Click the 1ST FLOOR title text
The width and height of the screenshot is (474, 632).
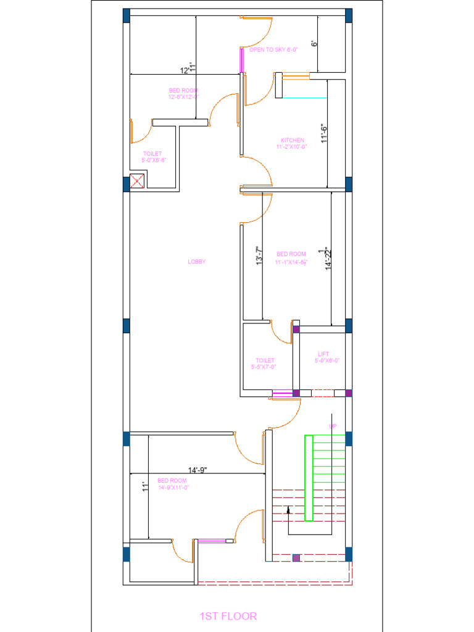point(228,616)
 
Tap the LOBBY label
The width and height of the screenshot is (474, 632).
point(197,262)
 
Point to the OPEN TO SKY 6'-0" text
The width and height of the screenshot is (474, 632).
point(273,49)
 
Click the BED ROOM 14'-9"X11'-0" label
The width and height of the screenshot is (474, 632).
point(172,484)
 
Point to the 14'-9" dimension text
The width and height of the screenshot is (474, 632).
point(197,471)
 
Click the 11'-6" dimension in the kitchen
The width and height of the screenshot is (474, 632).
point(323,134)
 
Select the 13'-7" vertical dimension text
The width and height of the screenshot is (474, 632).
point(260,257)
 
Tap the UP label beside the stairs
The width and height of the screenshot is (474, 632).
point(333,426)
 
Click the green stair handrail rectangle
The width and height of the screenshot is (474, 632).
point(309,478)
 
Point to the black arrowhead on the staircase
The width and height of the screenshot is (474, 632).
point(289,510)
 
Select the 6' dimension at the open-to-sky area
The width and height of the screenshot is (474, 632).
point(314,44)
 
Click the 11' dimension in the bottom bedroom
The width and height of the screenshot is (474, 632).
point(144,486)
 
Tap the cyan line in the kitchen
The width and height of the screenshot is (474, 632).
point(303,98)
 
